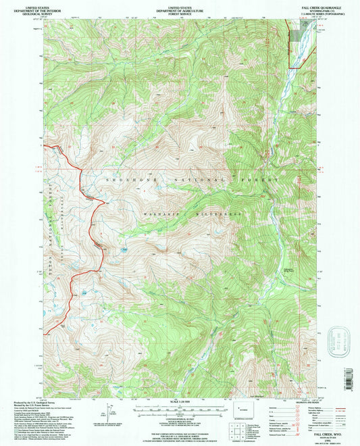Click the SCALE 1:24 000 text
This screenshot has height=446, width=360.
[x=179, y=402]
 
